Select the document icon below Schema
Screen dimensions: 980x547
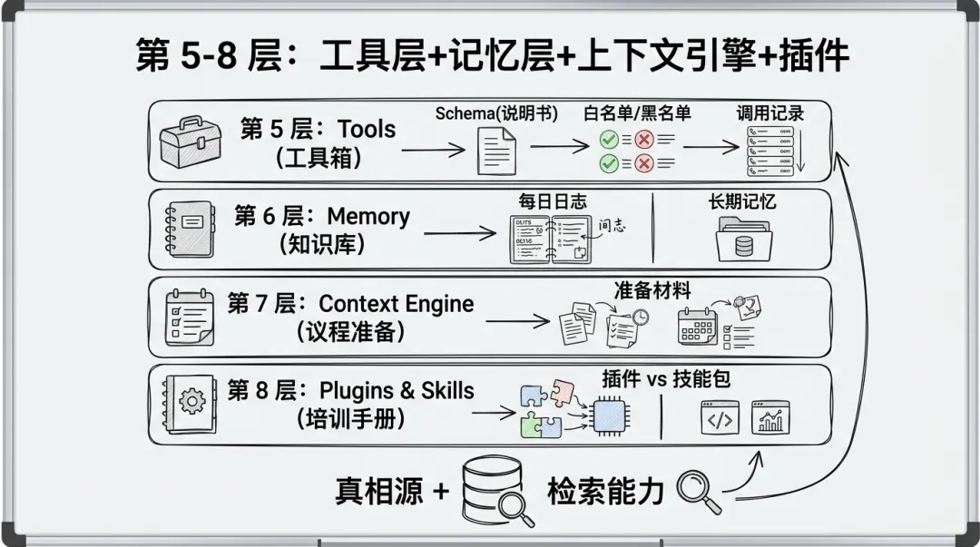(496, 151)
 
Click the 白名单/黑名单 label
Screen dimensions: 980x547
(636, 113)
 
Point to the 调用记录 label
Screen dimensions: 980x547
(769, 113)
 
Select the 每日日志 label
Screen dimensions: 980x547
(553, 201)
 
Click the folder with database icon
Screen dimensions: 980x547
(742, 241)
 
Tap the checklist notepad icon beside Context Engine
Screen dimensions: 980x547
(189, 317)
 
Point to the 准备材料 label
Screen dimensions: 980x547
(652, 290)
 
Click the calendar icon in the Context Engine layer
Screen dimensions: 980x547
(698, 326)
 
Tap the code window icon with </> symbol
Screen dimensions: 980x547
(720, 417)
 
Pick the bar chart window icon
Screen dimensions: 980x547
(770, 417)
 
